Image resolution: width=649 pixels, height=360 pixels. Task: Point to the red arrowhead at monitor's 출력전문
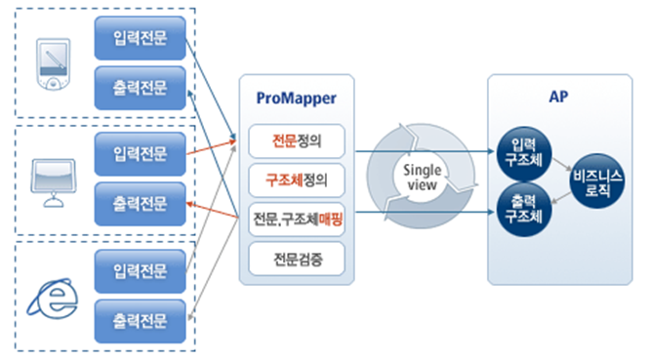[x=193, y=204]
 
